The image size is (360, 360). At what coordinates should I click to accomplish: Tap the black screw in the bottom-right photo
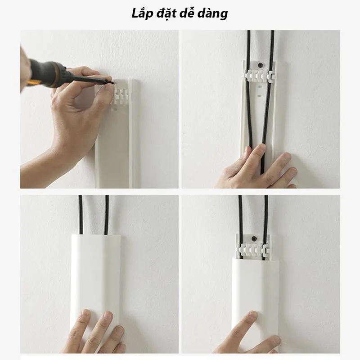[254, 239]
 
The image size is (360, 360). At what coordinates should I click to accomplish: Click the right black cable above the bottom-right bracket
[266, 215]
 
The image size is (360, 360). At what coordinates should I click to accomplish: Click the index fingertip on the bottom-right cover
[252, 315]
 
